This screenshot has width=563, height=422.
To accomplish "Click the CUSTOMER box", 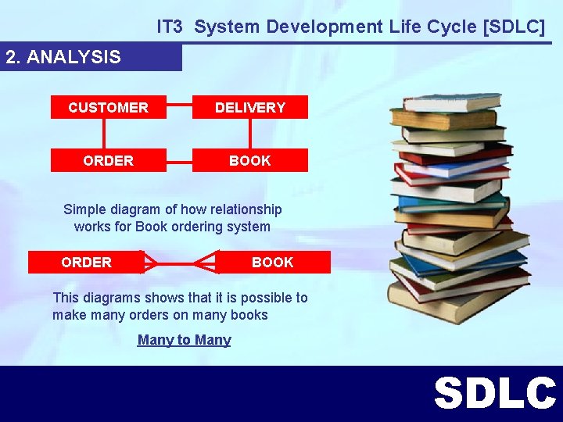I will pyautogui.click(x=108, y=107).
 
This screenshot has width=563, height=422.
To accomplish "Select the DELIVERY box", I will pyautogui.click(x=250, y=107).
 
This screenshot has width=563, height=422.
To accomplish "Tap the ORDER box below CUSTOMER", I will pyautogui.click(x=108, y=160).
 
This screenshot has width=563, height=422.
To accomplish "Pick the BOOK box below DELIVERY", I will pyautogui.click(x=250, y=160).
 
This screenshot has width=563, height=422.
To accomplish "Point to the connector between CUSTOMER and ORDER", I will pyautogui.click(x=108, y=134).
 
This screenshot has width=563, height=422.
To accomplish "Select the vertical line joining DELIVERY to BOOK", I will pyautogui.click(x=250, y=134).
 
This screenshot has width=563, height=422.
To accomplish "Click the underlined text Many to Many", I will pyautogui.click(x=184, y=340).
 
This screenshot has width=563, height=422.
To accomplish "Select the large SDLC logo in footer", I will pyautogui.click(x=494, y=393).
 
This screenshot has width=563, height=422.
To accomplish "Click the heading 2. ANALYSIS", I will pyautogui.click(x=63, y=57).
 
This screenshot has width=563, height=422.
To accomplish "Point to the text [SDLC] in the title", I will pyautogui.click(x=515, y=27).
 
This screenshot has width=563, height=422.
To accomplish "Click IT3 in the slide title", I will pyautogui.click(x=170, y=27).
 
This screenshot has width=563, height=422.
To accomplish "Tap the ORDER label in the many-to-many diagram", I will pyautogui.click(x=86, y=262).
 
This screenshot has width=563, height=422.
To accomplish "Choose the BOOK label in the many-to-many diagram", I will pyautogui.click(x=272, y=262).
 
